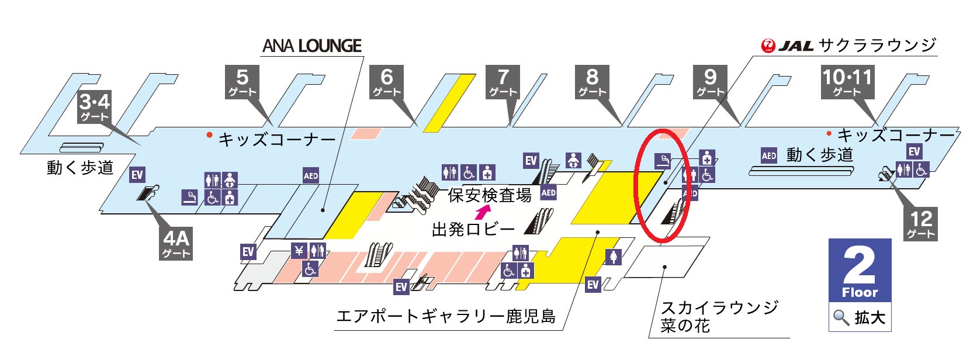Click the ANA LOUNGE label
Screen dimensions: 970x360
point(312,46)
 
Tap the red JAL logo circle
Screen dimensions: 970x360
point(768,46)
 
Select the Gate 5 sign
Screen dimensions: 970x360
point(242,82)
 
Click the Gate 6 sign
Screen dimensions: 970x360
point(386,82)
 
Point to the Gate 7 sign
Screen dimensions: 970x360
point(503,82)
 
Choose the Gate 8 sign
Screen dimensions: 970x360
point(592,82)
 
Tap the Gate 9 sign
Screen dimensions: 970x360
point(710,82)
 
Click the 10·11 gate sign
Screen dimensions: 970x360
point(847,82)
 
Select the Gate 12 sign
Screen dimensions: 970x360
point(921,223)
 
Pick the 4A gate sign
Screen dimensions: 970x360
point(176,243)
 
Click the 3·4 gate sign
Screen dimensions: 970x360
point(95,107)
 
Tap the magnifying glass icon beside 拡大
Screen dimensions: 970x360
point(841,318)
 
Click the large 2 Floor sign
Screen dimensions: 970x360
point(860,270)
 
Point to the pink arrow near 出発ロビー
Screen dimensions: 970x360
point(483,212)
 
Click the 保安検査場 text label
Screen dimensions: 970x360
point(490,195)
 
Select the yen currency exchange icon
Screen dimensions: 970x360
point(299,250)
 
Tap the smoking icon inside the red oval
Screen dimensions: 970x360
point(662,161)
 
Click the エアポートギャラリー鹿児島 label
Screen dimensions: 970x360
point(446,316)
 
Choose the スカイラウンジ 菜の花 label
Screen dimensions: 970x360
point(719,317)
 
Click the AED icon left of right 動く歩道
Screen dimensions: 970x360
point(769,155)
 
